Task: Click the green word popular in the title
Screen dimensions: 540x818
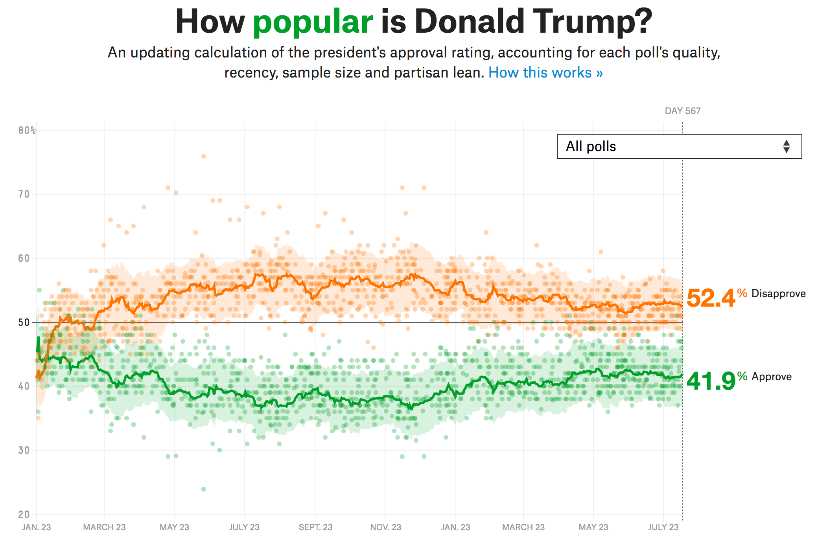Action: point(313,22)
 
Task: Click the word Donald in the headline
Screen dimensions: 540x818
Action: point(470,22)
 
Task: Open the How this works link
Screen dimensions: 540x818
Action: point(545,73)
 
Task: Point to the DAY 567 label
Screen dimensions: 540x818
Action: point(682,111)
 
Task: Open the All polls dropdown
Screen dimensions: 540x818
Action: point(679,146)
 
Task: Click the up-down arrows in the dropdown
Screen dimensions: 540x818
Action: point(786,146)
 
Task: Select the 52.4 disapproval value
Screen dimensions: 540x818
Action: point(710,298)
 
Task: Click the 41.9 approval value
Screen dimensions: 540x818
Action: point(710,381)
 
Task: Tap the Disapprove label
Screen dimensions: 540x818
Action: point(778,294)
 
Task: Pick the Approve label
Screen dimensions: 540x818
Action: point(772,377)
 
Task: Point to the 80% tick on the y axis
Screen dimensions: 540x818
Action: point(27,130)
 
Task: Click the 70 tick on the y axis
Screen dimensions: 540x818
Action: point(24,194)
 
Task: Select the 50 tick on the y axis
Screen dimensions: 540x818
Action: point(24,322)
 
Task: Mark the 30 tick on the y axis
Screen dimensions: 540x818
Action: point(24,450)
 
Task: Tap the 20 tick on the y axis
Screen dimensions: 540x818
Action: point(24,514)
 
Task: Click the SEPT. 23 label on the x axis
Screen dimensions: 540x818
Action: point(315,527)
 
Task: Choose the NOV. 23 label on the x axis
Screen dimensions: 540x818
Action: point(385,527)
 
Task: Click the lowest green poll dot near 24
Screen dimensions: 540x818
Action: point(203,489)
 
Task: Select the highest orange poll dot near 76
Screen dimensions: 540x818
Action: point(203,156)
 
